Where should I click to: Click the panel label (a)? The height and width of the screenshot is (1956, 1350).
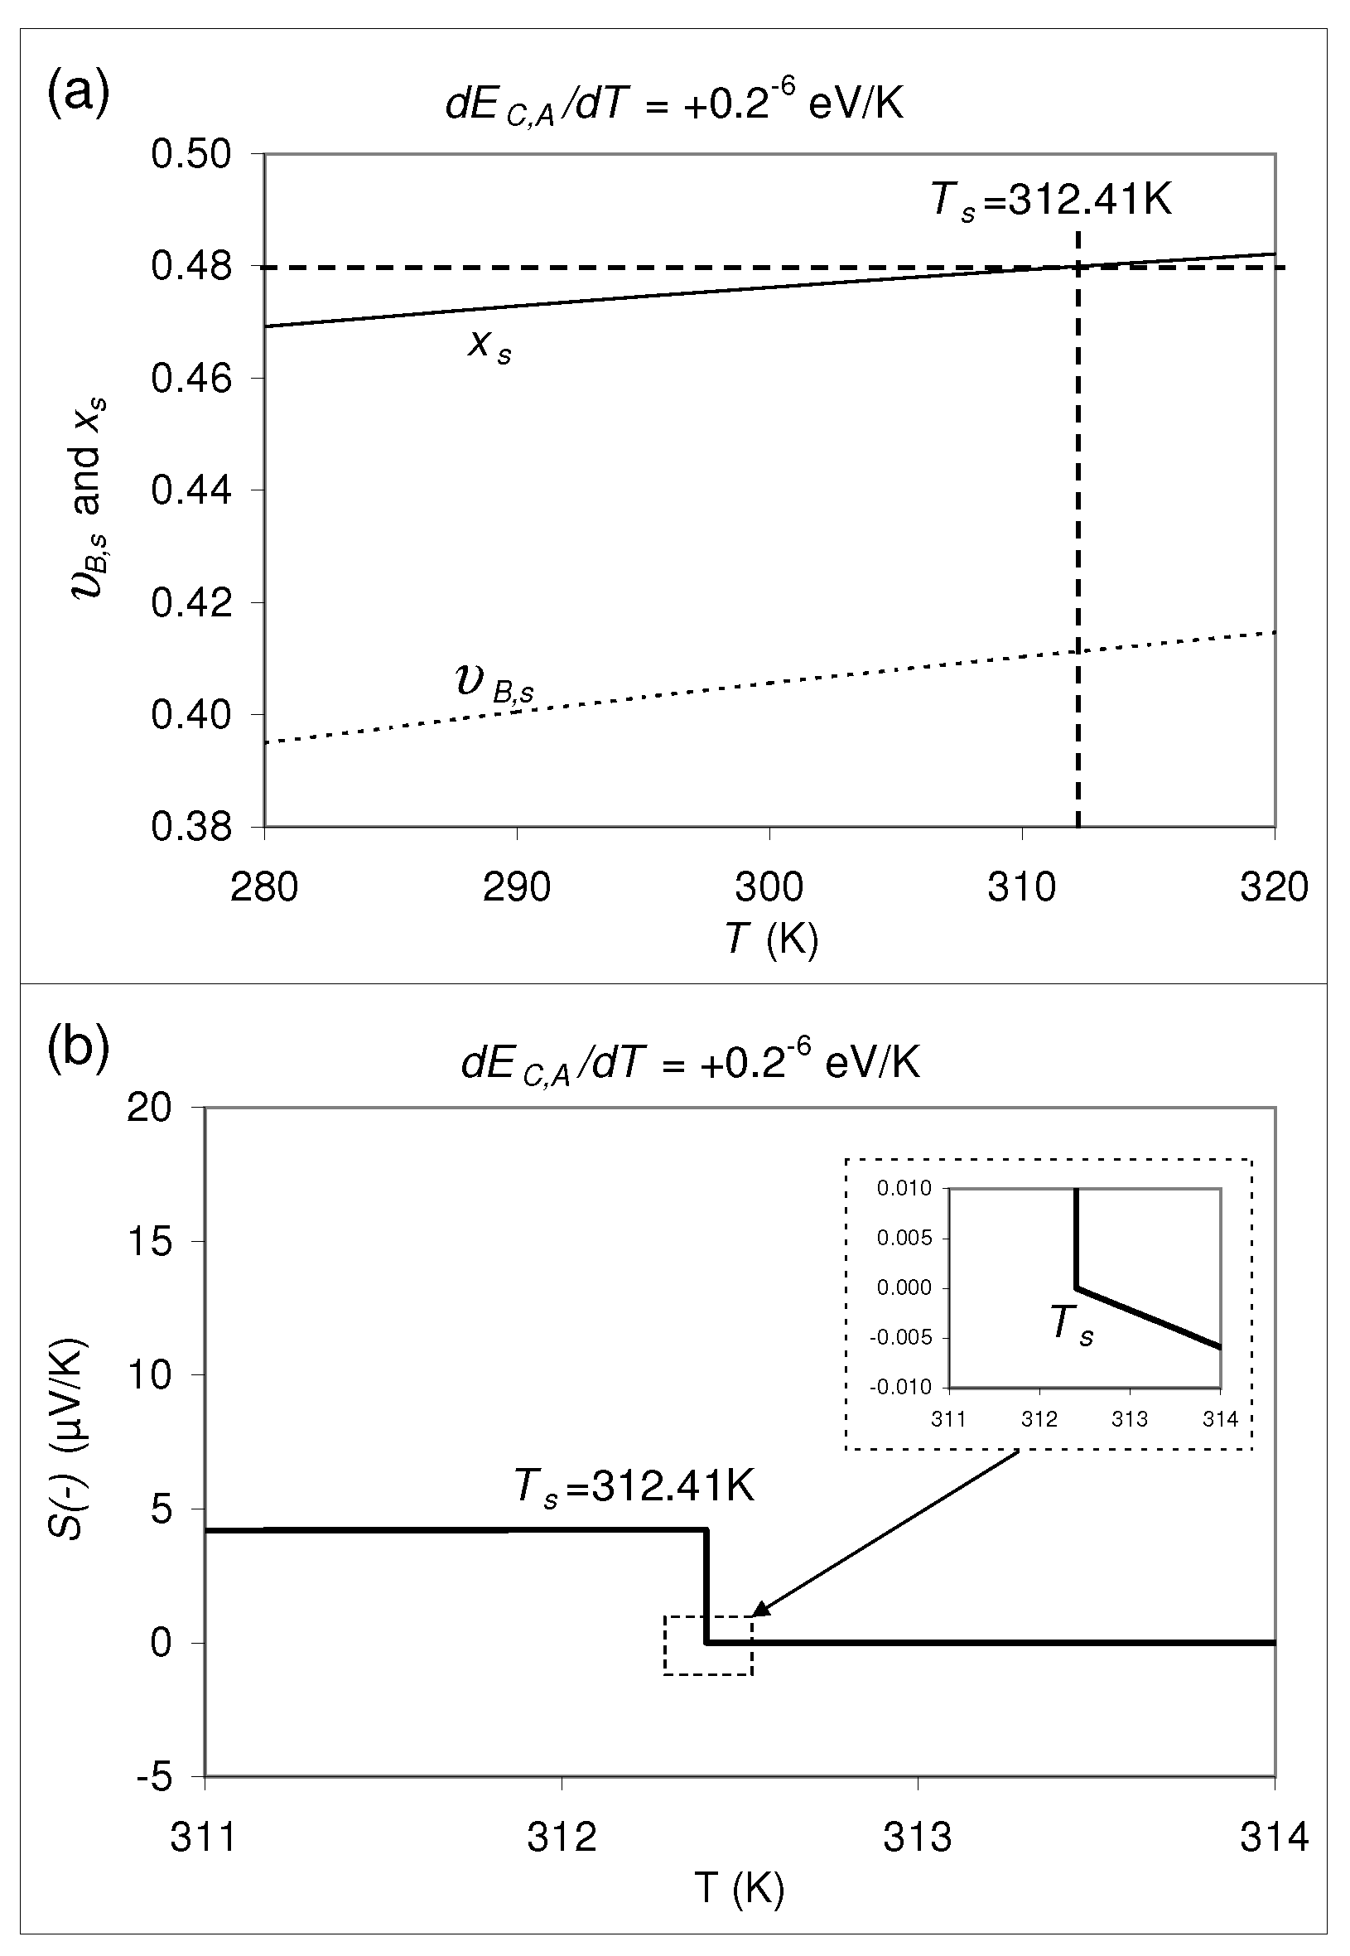point(78,94)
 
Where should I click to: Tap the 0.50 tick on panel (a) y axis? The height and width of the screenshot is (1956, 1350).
point(191,155)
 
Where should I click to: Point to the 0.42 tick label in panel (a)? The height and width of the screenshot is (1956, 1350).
point(191,603)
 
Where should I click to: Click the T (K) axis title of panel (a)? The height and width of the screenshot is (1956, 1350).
point(771,939)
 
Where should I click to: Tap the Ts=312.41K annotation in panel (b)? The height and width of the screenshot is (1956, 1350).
point(634,1485)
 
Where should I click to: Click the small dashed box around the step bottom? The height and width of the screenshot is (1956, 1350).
point(708,1644)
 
